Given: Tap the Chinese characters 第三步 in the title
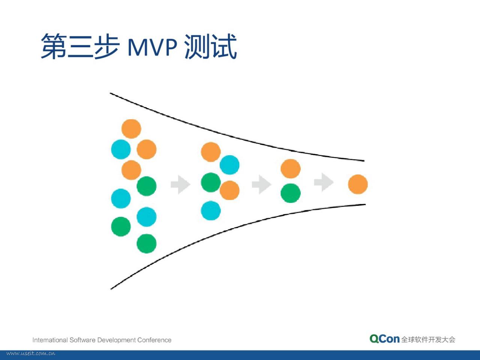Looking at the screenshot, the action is point(80,46).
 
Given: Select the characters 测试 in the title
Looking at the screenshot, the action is point(211,46).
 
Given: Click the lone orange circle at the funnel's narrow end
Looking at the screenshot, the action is point(358,184).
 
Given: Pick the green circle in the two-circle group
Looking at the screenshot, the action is point(291,193).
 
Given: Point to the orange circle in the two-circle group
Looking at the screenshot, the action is point(291,169).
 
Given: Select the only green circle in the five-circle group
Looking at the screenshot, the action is point(211,183).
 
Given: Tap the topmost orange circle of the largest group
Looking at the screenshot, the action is point(131,129).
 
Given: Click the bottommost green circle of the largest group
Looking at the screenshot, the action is point(147,244).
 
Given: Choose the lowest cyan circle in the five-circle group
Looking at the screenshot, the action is point(211,210).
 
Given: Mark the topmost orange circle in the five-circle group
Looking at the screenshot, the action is point(211,152).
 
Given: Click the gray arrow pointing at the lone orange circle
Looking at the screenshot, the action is point(324,182).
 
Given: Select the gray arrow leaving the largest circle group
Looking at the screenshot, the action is point(181,185).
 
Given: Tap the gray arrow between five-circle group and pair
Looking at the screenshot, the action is point(262,184).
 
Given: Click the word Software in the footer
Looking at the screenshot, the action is point(82,340).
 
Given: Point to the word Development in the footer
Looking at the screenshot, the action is point(116,340).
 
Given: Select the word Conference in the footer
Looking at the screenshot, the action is point(154,340).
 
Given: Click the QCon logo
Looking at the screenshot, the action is point(384,339).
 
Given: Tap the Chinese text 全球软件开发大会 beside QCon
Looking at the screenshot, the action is point(428,340).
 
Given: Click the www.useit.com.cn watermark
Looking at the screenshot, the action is point(31,354).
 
